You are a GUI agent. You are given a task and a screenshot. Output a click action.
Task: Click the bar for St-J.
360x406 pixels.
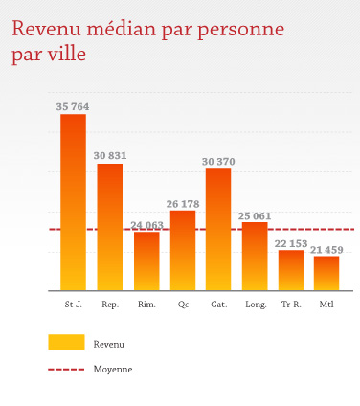[x=73, y=202]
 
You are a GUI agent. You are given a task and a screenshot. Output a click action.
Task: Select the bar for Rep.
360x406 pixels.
[x=110, y=227]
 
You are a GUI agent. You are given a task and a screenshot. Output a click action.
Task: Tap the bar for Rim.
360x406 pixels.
[x=146, y=260]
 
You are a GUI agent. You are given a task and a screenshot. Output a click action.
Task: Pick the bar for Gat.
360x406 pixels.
[x=218, y=229]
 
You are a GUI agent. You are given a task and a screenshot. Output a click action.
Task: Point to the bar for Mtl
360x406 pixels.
[x=326, y=273]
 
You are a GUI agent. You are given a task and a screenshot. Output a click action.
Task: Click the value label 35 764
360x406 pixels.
[x=73, y=105]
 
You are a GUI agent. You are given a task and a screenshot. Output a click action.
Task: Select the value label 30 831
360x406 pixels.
[x=110, y=155]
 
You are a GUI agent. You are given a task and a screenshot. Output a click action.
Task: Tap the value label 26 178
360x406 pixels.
[x=183, y=202]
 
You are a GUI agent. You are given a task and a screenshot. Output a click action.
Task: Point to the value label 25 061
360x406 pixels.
[x=255, y=215]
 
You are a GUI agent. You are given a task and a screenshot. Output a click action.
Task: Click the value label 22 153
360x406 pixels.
[x=291, y=243]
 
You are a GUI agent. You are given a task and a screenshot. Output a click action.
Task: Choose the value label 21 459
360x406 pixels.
[x=326, y=249]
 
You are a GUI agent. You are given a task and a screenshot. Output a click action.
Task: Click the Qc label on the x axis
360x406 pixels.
[x=183, y=305]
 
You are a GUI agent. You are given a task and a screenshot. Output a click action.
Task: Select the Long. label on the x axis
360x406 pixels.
[x=256, y=305]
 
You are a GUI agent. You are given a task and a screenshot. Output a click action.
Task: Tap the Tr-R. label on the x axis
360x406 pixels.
[x=291, y=305]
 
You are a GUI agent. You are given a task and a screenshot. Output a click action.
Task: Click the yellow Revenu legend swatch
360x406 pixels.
[x=66, y=343]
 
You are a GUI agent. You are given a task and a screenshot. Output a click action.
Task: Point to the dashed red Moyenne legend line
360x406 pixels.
[x=66, y=369]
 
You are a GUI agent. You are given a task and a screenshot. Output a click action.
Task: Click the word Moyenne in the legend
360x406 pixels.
[x=113, y=369]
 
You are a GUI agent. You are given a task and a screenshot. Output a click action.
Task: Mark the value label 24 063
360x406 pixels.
[x=146, y=225]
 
